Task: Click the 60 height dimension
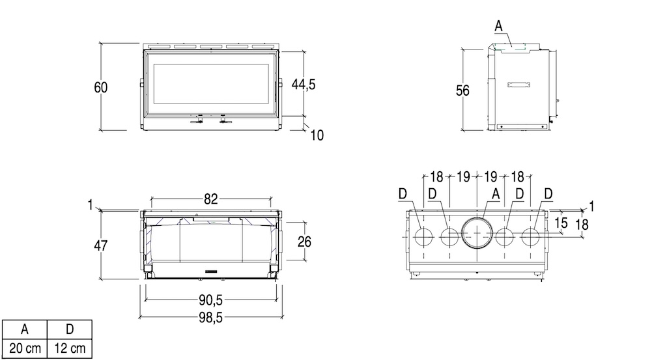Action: [x=101, y=87]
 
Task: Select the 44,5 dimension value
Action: [x=304, y=85]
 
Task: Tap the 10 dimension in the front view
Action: [x=317, y=135]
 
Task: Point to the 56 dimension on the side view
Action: [x=462, y=90]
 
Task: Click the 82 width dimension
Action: [x=210, y=199]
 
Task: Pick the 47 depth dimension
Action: [x=101, y=245]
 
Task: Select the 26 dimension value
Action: [x=304, y=242]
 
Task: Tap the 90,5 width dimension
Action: [x=210, y=300]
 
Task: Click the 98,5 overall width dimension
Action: [x=210, y=318]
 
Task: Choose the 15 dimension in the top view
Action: [x=561, y=223]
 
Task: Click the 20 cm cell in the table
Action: [x=25, y=348]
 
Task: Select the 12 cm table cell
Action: [x=70, y=348]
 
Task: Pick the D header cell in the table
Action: [x=70, y=329]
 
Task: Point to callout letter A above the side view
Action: [x=498, y=26]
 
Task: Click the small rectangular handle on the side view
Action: [x=518, y=85]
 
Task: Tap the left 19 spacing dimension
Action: [x=463, y=176]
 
